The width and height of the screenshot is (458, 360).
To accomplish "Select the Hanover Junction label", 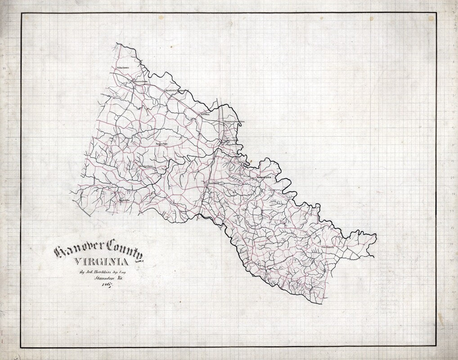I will pos(235,121).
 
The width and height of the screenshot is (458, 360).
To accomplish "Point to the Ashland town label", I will pos(212,184).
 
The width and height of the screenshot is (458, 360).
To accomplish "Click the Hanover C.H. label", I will pos(265,177).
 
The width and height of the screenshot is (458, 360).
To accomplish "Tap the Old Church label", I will pos(330,247).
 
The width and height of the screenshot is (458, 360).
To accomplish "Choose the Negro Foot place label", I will pos(162,144).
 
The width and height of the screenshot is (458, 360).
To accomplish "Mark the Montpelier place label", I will pos(146,166).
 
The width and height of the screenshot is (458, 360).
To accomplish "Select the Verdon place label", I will pos(205,114).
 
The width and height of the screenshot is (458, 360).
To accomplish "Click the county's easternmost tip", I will pos(376,235).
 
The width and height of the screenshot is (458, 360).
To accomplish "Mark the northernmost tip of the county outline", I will pos(117,44).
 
